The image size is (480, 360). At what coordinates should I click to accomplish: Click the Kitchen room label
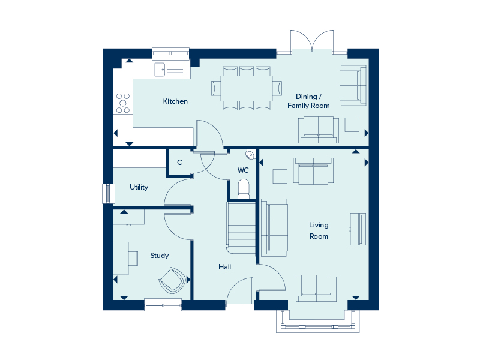click(x=175, y=101)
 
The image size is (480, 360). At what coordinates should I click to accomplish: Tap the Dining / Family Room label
click(x=308, y=101)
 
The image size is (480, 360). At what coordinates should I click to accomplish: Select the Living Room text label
click(x=319, y=230)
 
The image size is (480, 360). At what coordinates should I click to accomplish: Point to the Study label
click(x=159, y=256)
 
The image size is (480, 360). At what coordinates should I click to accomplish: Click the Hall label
click(x=224, y=267)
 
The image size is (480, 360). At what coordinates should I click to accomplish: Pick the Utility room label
click(x=139, y=187)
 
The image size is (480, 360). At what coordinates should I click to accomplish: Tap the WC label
click(x=243, y=170)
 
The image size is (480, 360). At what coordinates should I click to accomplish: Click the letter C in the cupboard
click(x=179, y=163)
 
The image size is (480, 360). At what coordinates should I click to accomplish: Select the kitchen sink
click(x=169, y=70)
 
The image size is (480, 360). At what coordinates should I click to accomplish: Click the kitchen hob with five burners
click(x=123, y=103)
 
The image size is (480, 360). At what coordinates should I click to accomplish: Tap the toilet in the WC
click(x=244, y=189)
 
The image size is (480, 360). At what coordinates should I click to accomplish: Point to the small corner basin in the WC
click(x=250, y=155)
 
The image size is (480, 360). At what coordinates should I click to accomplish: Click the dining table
click(x=247, y=88)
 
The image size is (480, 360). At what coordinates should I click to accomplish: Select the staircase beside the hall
click(x=241, y=228)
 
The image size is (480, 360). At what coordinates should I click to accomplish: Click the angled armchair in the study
click(x=172, y=280)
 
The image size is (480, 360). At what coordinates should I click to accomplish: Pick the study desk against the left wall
click(x=121, y=259)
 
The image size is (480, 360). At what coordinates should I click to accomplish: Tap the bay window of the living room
click(x=318, y=322)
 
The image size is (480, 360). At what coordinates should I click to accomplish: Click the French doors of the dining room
click(x=312, y=41)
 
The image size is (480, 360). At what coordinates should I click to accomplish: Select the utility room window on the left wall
click(x=108, y=193)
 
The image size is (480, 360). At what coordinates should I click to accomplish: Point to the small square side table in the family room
click(x=352, y=125)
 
